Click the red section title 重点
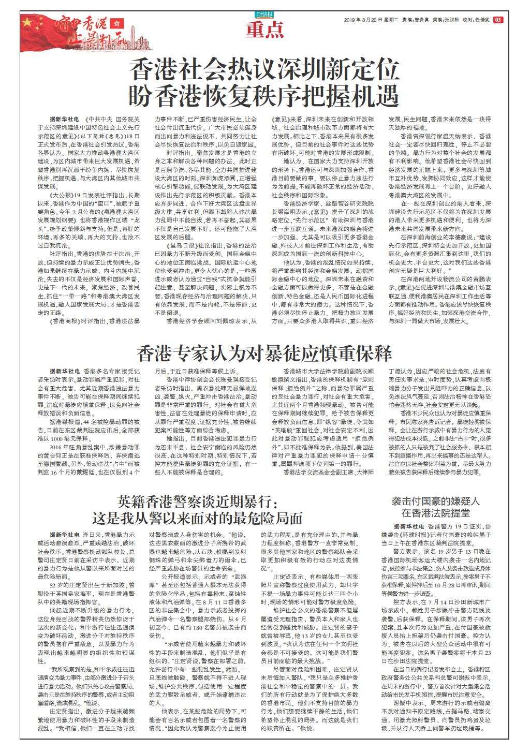pyautogui.click(x=265, y=31)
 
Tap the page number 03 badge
pyautogui.click(x=498, y=20)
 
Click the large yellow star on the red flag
pyautogui.click(x=26, y=22)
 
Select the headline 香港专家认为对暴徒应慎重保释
pyautogui.click(x=265, y=353)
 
